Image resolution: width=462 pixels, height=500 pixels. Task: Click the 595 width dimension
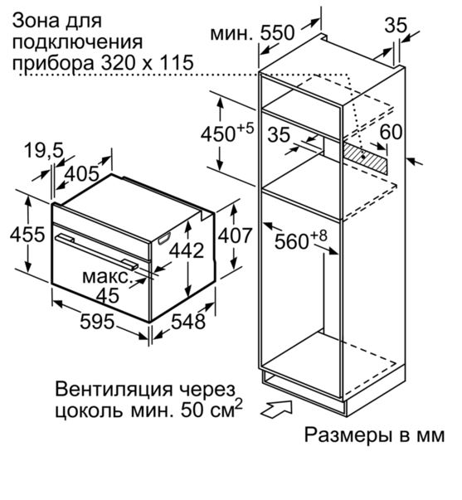coord(97,321)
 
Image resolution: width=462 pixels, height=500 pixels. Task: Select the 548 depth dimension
coord(188,321)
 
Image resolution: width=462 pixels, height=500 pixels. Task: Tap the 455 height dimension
coord(27,235)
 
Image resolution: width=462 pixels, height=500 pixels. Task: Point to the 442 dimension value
coord(187,250)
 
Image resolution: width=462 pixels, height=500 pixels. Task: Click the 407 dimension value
coord(236,235)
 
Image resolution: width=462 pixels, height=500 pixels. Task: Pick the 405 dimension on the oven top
coord(82,174)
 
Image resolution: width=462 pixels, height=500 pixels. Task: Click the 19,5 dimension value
coord(44,151)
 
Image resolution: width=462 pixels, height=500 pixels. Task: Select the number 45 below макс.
coord(108,295)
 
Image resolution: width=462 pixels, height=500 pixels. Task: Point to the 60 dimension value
coord(391,132)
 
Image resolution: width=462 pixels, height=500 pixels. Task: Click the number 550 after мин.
coord(277,33)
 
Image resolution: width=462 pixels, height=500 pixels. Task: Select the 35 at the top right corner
coord(396,25)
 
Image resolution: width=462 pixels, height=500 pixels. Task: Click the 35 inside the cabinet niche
coord(279,134)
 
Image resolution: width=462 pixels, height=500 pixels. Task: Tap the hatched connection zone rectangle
coord(366,158)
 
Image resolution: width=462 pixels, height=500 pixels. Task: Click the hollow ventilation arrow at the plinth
coord(277,409)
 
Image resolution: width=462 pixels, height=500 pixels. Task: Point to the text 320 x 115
coord(148,62)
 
